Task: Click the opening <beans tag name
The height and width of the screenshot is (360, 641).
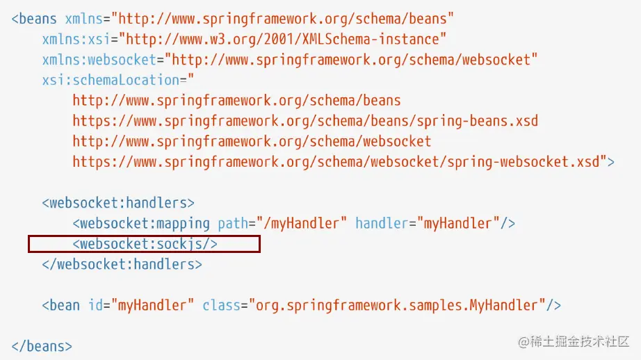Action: pyautogui.click(x=35, y=19)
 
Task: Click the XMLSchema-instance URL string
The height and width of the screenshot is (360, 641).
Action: pyautogui.click(x=285, y=40)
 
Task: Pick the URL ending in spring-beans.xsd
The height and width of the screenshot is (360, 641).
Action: pyautogui.click(x=305, y=121)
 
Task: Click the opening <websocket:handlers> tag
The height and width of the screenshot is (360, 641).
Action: pyautogui.click(x=118, y=203)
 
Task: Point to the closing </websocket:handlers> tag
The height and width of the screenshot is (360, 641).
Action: pyautogui.click(x=122, y=264)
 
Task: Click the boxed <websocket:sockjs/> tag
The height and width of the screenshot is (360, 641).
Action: pyautogui.click(x=145, y=244)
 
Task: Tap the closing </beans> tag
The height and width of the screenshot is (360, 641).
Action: pyautogui.click(x=42, y=345)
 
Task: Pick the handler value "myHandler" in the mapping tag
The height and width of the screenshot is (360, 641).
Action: pyautogui.click(x=458, y=223)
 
